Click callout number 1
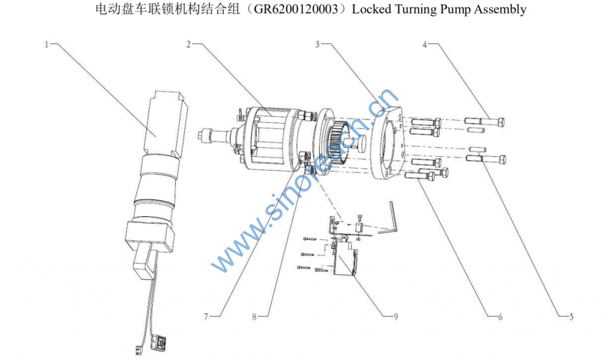coord(46,44)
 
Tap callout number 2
coord(189,44)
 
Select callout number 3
coord(317,44)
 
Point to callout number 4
coord(425,44)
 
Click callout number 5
coord(571,317)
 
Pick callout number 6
coord(499,317)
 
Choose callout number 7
coord(206,317)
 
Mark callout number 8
coord(254,317)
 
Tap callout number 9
coord(395,317)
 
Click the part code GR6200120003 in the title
coord(296,9)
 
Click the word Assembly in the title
coord(501,9)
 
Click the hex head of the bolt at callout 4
coord(500,123)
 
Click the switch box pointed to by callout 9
coord(344,256)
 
